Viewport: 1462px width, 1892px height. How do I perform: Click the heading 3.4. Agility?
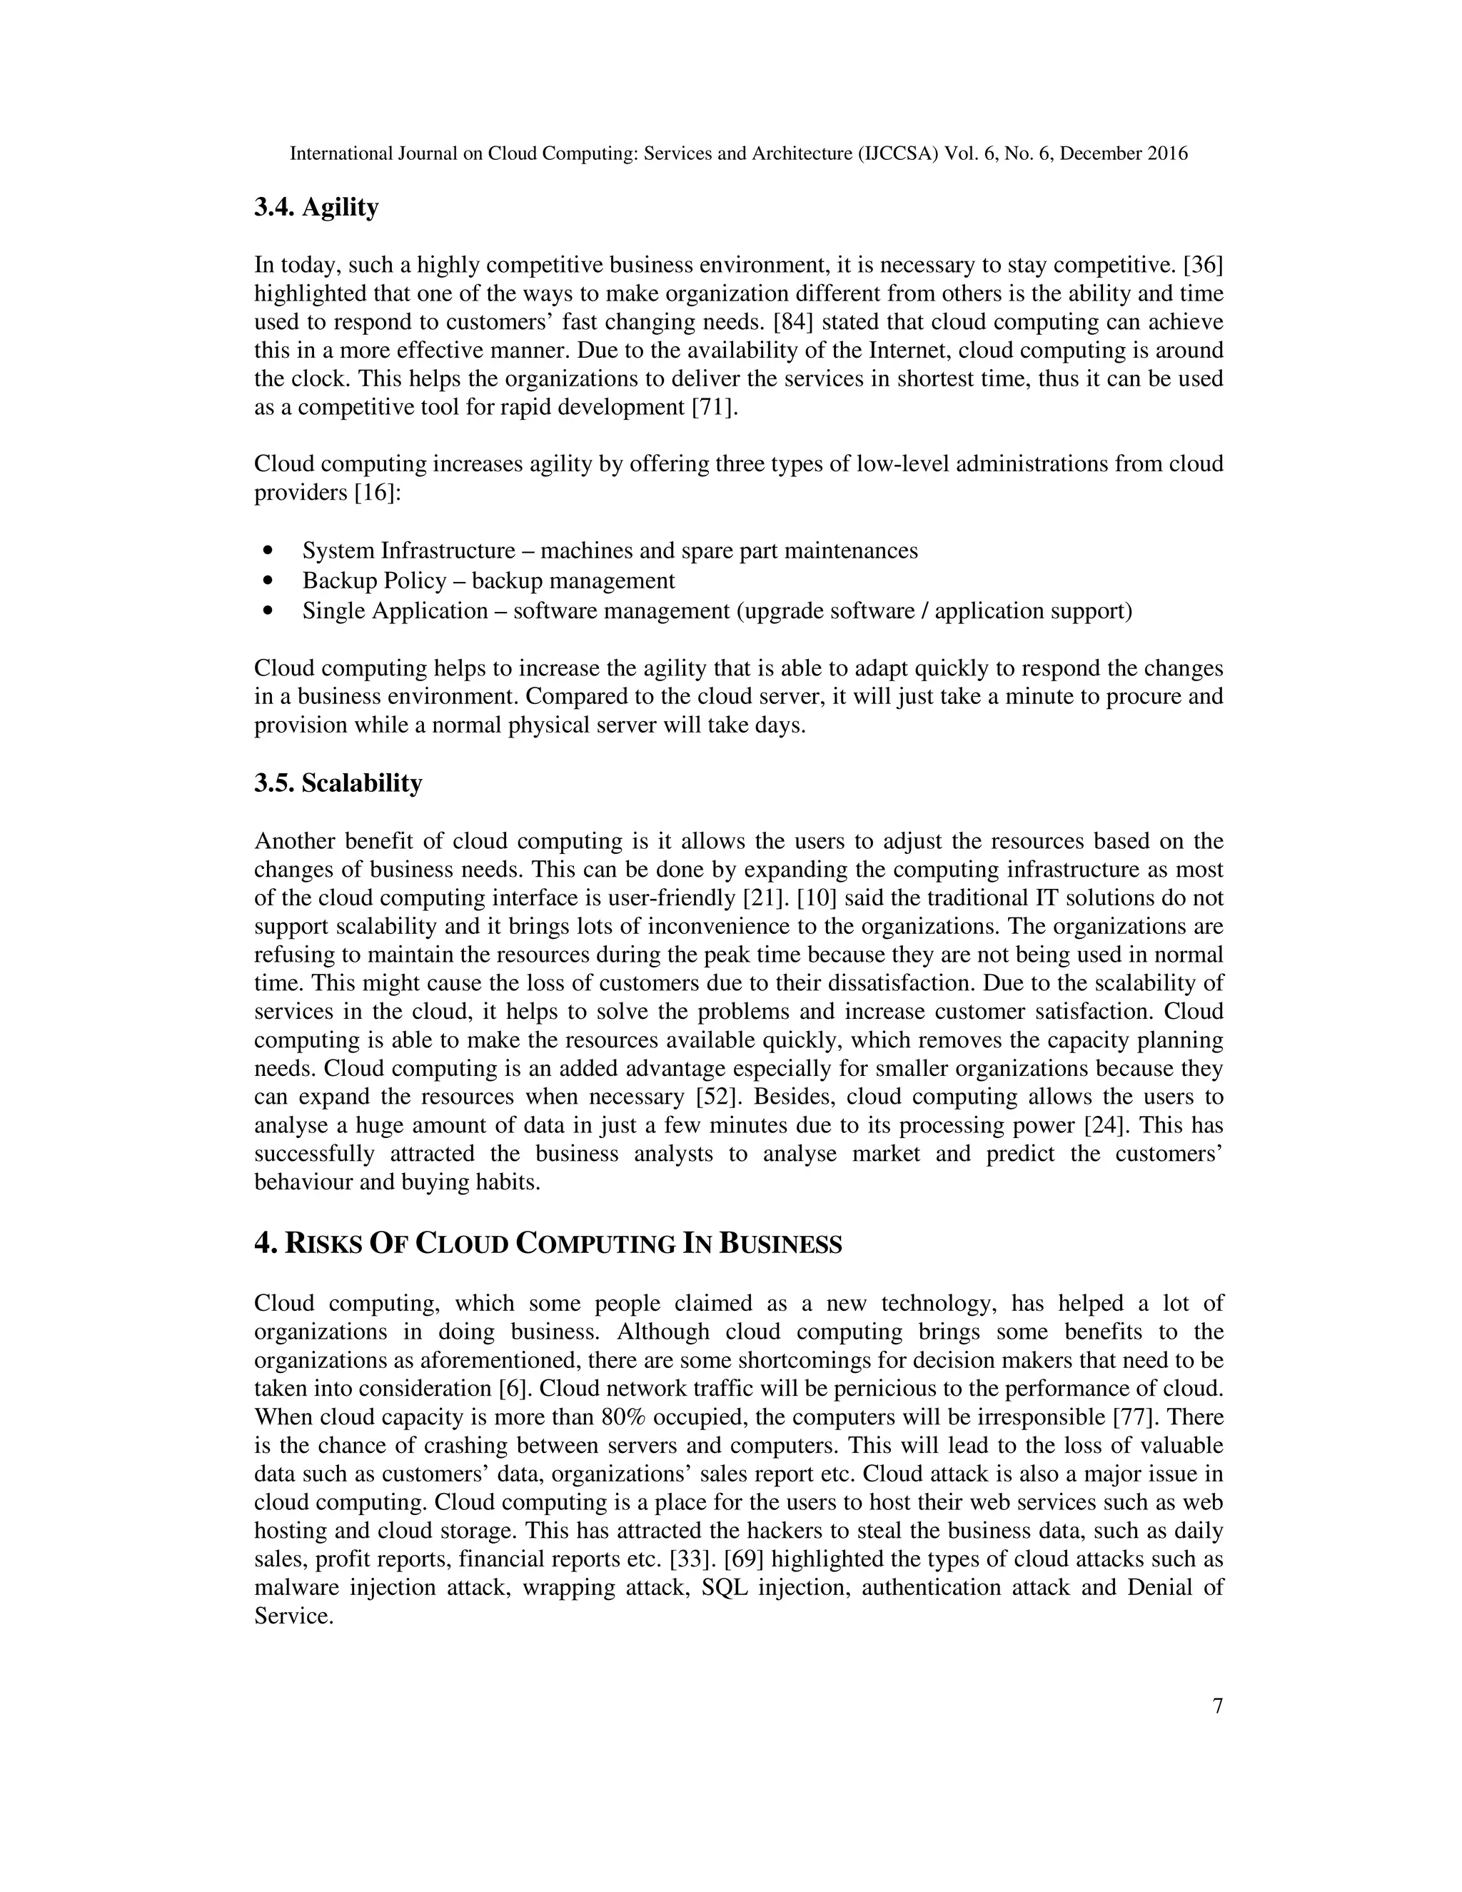[x=316, y=208]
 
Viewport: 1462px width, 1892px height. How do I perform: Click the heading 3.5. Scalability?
[x=338, y=783]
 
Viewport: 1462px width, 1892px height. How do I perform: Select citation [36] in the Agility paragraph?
[x=1202, y=265]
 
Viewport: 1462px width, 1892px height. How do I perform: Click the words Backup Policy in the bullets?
[x=374, y=580]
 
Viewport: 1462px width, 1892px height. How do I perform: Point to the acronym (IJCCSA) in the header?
[x=897, y=154]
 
